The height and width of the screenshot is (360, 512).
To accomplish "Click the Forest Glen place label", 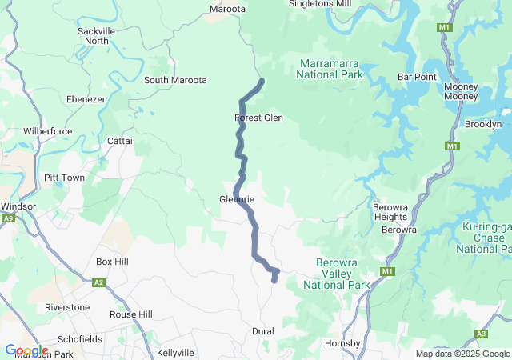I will [258, 118].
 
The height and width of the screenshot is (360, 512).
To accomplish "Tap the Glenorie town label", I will [237, 199].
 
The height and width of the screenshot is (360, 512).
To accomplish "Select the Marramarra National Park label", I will [330, 69].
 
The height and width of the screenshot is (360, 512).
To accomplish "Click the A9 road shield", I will [8, 218].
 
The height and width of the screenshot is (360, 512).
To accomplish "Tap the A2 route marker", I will [99, 282].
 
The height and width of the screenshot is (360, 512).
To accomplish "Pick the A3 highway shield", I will [481, 334].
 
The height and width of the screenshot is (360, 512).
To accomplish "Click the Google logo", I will [26, 350].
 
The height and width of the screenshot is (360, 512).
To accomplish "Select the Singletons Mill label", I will [319, 4].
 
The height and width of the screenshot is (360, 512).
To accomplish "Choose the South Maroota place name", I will [175, 80].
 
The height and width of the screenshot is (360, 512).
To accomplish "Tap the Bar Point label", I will [417, 77].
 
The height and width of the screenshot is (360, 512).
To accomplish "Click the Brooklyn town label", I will [483, 124].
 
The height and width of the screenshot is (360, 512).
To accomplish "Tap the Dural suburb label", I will [262, 331].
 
